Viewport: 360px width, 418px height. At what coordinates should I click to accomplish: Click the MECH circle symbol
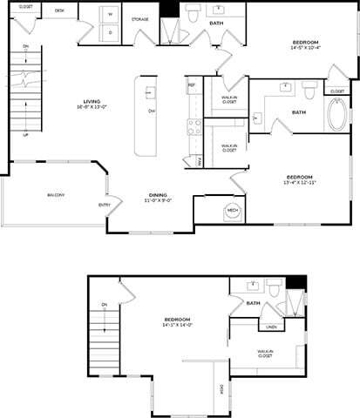[x=233, y=211]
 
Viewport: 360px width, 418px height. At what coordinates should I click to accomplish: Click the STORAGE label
[x=139, y=18]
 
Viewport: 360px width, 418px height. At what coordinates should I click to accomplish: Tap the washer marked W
[x=111, y=15]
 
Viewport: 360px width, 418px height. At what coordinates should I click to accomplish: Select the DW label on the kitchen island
[x=152, y=111]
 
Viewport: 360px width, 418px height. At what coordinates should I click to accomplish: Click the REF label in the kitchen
[x=191, y=85]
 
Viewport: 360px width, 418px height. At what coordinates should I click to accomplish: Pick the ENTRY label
[x=105, y=205]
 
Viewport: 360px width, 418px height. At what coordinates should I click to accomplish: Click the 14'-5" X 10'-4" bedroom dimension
[x=306, y=49]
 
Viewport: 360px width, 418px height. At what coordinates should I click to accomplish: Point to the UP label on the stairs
[x=25, y=135]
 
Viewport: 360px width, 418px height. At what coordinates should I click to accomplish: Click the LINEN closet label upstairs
[x=271, y=327]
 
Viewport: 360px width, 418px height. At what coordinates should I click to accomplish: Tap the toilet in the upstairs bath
[x=273, y=288]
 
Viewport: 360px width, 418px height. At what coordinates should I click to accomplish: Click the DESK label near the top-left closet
[x=59, y=10]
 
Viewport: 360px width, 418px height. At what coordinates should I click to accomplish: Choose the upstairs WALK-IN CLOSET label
[x=265, y=354]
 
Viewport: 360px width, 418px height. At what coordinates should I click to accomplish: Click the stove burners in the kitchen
[x=193, y=128]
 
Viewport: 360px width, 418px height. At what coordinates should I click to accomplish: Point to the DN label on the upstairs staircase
[x=104, y=304]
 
